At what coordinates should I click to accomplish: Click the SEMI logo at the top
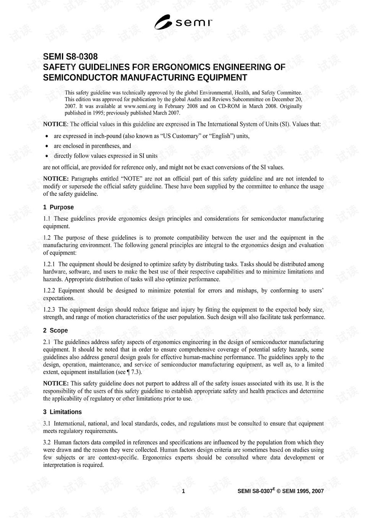click(x=183, y=23)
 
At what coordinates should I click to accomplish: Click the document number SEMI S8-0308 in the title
click(x=70, y=56)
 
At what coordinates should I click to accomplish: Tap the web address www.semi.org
click(x=140, y=106)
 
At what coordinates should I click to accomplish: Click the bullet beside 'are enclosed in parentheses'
click(x=47, y=146)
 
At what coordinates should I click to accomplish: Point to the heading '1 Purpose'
click(x=58, y=207)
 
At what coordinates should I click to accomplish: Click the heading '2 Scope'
click(x=55, y=331)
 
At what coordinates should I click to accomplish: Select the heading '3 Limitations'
click(x=62, y=412)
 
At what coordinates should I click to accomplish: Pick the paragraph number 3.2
click(x=47, y=442)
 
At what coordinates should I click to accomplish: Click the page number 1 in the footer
click(x=183, y=491)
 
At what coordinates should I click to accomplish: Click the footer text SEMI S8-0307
click(x=255, y=491)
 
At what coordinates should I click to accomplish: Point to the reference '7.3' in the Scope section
click(x=135, y=372)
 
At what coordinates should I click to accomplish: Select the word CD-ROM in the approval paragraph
click(x=229, y=106)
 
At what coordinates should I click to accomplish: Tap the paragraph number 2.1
click(x=47, y=342)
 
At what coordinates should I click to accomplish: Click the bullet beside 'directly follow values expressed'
click(x=47, y=156)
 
